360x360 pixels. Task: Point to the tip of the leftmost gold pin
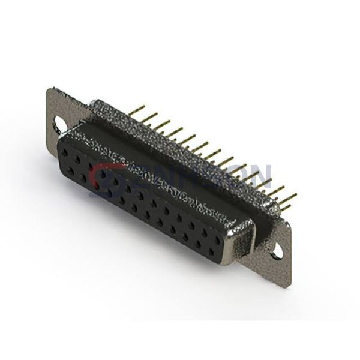(139, 107)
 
